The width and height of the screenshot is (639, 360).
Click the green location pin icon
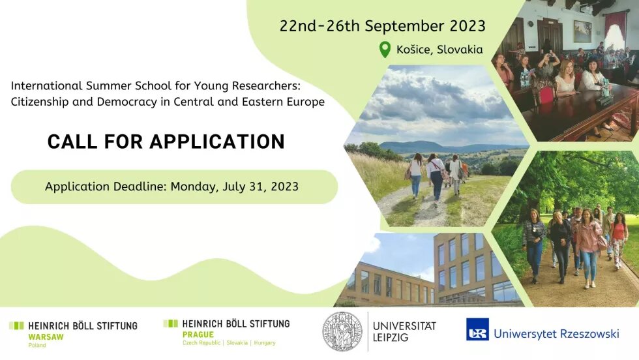(x=385, y=50)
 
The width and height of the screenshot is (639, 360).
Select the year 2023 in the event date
(x=468, y=26)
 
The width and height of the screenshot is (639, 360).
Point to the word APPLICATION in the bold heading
(x=216, y=142)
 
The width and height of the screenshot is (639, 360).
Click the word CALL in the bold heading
(x=72, y=142)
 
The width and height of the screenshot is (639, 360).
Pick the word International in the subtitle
(x=47, y=85)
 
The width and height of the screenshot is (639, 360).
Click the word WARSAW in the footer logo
(x=46, y=337)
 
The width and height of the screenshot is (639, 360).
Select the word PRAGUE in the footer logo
(x=198, y=335)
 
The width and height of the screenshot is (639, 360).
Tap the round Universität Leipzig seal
(x=342, y=331)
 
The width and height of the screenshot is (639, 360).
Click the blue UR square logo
(x=477, y=329)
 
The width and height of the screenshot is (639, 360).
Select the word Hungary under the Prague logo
(x=265, y=343)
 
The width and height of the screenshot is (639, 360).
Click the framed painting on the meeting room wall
(x=582, y=31)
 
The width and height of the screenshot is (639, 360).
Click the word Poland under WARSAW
(x=37, y=345)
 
